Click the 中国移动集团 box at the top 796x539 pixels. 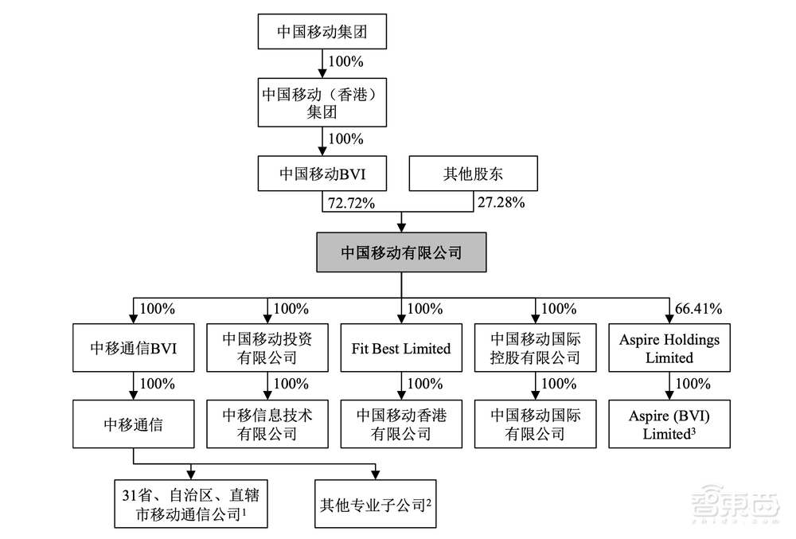[322, 33]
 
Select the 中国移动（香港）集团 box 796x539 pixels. [322, 102]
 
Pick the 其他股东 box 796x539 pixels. [462, 174]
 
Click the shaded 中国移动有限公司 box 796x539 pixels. [401, 252]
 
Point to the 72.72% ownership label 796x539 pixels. [349, 203]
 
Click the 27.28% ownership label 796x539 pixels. [501, 203]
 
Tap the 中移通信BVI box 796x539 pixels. [132, 348]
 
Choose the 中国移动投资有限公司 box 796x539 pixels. [267, 348]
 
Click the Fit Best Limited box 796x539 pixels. [401, 348]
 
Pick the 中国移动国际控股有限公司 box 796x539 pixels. [535, 348]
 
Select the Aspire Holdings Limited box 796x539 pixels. [669, 348]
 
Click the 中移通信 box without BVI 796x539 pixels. [132, 424]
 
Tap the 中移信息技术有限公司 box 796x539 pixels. [267, 424]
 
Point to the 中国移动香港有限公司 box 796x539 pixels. [401, 424]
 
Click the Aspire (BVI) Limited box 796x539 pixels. [669, 424]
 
